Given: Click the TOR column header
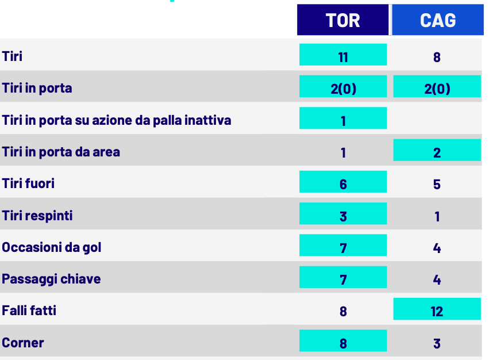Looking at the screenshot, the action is [x=342, y=20].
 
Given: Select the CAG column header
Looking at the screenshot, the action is [x=438, y=20].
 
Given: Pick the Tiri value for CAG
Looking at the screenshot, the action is [x=437, y=58].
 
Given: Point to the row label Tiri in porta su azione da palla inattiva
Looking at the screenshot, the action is [x=117, y=120].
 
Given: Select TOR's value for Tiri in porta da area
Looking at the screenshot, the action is [x=344, y=153].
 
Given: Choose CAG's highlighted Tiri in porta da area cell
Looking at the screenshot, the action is [x=437, y=150].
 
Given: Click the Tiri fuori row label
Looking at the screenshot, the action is [x=28, y=183].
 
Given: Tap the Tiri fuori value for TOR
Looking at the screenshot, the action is [x=343, y=182].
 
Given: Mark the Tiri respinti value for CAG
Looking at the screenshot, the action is [x=437, y=216].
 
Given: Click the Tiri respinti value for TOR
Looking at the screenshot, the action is [x=343, y=213].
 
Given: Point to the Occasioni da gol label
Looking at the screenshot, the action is [x=52, y=247].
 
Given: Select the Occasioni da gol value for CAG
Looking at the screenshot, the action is [x=437, y=248].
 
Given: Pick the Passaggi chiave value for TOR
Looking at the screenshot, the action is [x=343, y=277].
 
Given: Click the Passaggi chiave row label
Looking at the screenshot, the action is [x=51, y=279].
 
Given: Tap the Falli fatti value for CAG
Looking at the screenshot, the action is [x=437, y=309].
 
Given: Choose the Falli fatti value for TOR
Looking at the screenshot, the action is [x=343, y=312].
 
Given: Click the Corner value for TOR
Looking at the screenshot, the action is [x=343, y=340].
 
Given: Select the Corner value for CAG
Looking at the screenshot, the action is [x=437, y=344].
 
